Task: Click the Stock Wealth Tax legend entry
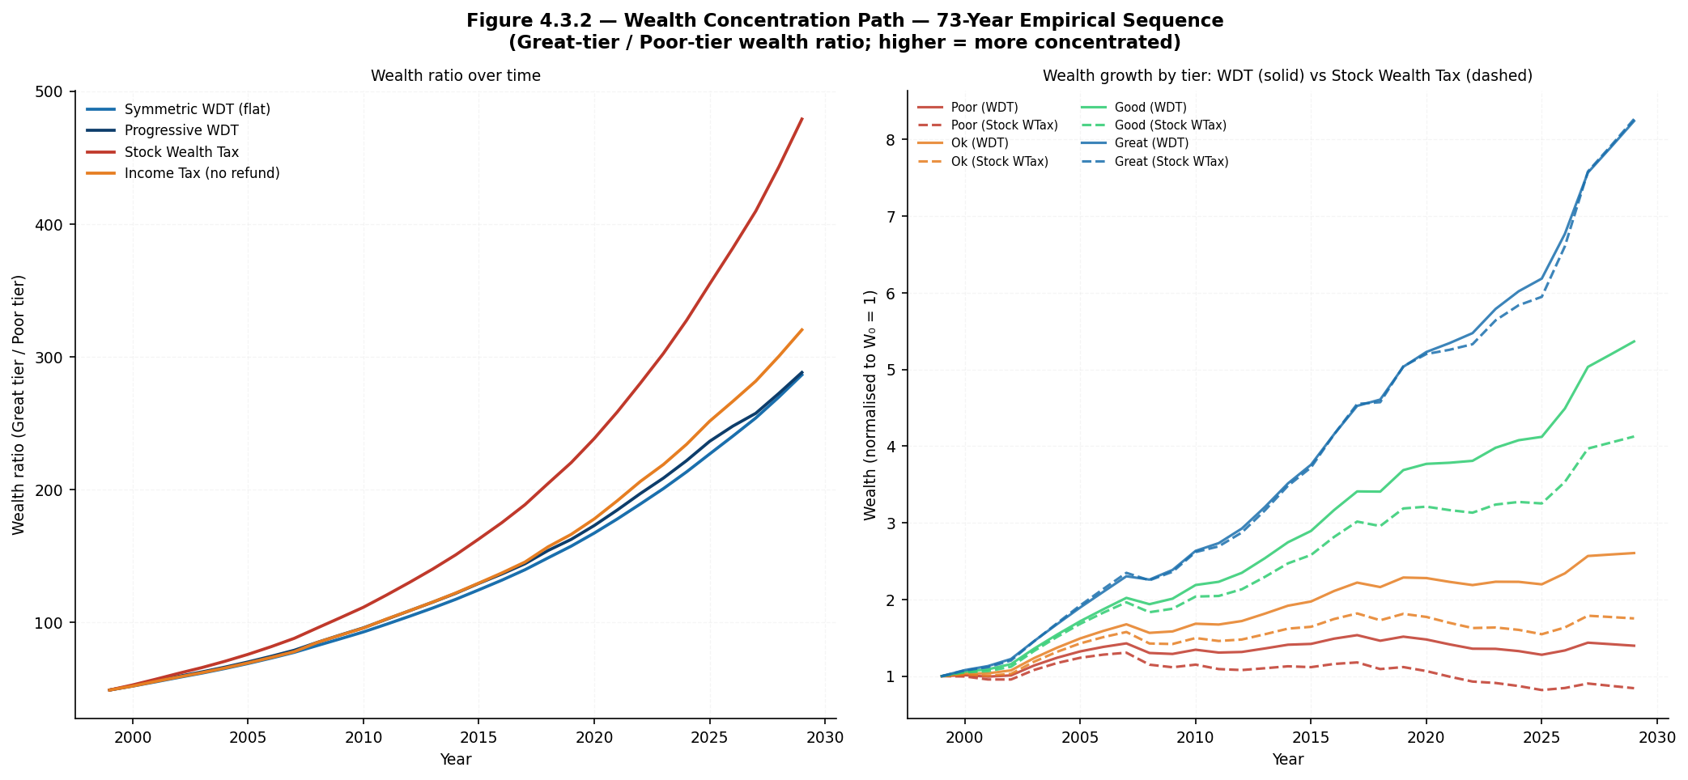click(x=181, y=152)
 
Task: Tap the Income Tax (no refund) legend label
click(x=202, y=173)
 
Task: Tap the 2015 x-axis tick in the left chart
click(x=478, y=737)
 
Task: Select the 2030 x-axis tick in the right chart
click(x=1657, y=737)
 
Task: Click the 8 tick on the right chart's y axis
click(x=891, y=140)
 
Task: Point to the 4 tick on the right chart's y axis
click(x=891, y=447)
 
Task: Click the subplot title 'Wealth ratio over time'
click(x=456, y=76)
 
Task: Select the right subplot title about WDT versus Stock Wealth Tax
click(x=1287, y=76)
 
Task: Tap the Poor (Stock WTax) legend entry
click(x=988, y=125)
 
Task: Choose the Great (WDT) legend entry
click(x=1134, y=143)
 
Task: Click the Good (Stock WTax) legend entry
click(x=1154, y=125)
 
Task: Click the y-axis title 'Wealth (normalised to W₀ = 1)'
click(x=870, y=405)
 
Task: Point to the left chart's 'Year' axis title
click(x=456, y=760)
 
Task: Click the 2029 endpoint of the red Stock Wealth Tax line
click(x=801, y=119)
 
